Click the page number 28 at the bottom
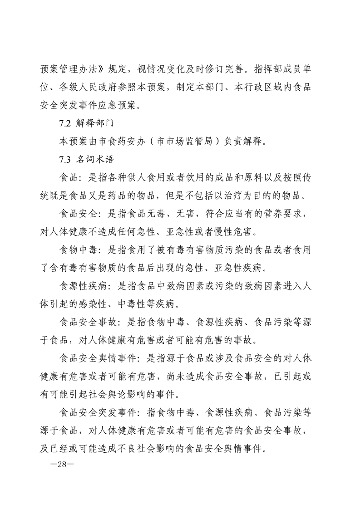(58, 466)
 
